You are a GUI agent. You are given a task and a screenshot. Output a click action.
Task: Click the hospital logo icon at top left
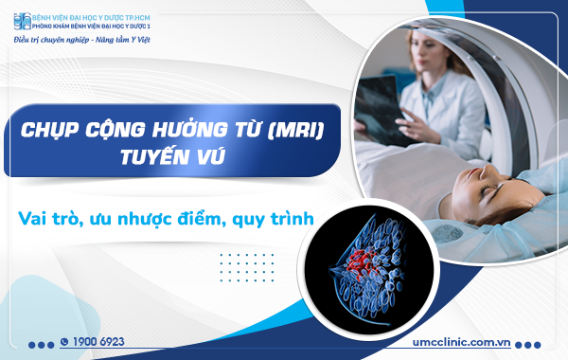coord(21,20)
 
